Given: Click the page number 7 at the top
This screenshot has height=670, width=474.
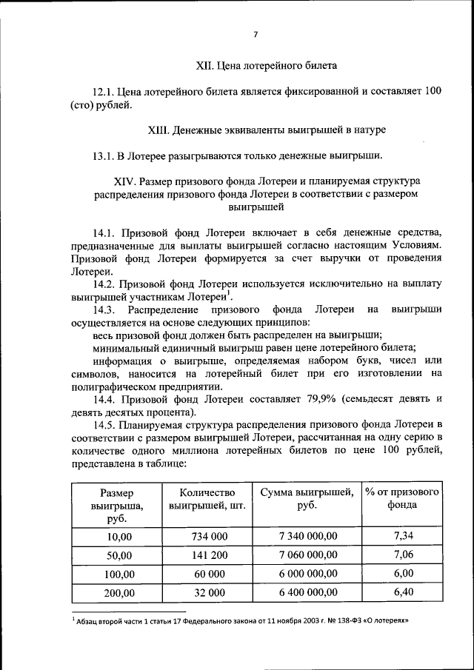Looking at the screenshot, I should pos(255,35).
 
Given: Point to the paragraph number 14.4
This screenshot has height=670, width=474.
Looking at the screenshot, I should pos(106,399).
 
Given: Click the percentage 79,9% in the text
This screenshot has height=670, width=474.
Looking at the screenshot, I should pos(321,399).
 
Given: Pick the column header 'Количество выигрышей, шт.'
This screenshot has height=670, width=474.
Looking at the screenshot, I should pos(207,500).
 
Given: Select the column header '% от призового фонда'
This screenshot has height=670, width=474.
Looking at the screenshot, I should pos(402,499).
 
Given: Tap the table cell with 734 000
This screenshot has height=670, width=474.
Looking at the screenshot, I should pos(207,536).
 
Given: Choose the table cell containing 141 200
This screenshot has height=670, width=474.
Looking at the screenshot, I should pos(207,555).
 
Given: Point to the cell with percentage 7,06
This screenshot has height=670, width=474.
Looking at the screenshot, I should pos(403,555).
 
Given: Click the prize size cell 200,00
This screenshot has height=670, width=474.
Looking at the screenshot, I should pos(118,593).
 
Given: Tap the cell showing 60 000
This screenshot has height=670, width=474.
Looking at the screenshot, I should pos(207,574).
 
